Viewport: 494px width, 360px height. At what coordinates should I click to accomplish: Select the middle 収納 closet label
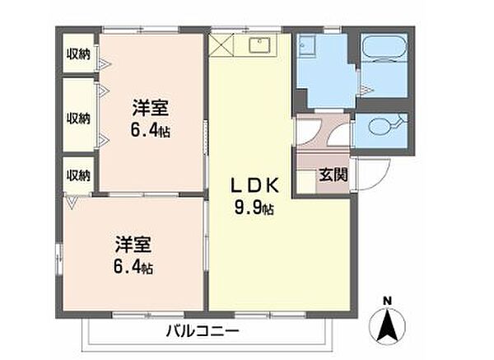pyautogui.click(x=79, y=117)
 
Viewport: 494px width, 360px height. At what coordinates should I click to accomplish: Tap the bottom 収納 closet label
pyautogui.click(x=79, y=175)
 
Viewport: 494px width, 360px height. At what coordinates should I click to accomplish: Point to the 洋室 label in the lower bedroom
pyautogui.click(x=132, y=245)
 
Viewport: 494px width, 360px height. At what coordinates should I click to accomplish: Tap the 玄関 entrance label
pyautogui.click(x=333, y=175)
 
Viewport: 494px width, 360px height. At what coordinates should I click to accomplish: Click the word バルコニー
pyautogui.click(x=203, y=331)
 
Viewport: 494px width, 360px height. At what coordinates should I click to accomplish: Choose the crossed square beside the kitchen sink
pyautogui.click(x=223, y=43)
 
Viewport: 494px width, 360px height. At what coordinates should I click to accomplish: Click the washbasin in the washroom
pyautogui.click(x=307, y=47)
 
